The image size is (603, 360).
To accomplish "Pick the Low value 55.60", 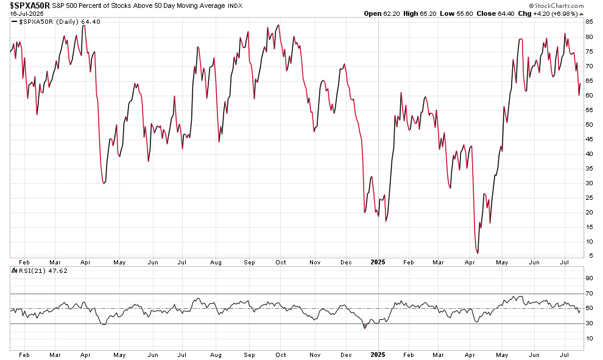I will click(x=468, y=13).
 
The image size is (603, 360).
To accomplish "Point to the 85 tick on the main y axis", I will click(x=589, y=22).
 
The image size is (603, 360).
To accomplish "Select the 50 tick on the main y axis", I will click(x=589, y=124).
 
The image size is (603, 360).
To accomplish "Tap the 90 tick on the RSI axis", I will click(x=589, y=278).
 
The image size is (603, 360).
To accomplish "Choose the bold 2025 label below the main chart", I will click(x=378, y=263).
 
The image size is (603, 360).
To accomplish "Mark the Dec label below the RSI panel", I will click(x=346, y=355).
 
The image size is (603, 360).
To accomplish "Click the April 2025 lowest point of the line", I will click(x=478, y=253).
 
